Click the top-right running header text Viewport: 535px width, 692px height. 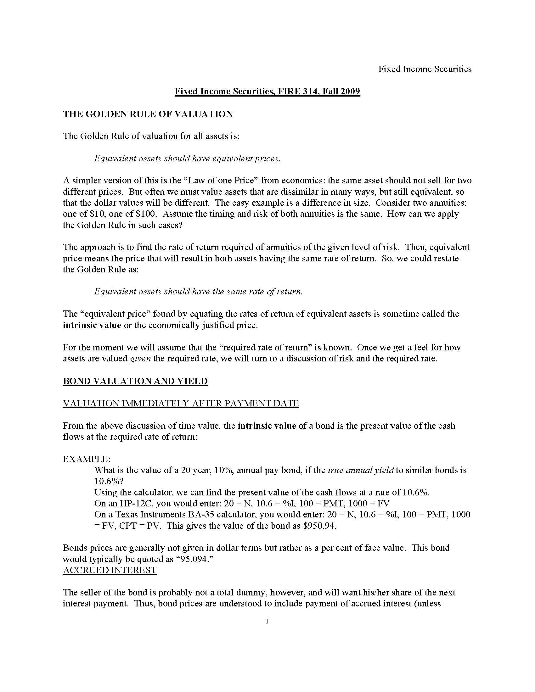tap(425, 69)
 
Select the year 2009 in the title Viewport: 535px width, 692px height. tap(351, 92)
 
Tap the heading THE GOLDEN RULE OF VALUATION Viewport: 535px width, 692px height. tap(148, 114)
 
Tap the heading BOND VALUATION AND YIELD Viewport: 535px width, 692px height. tap(135, 381)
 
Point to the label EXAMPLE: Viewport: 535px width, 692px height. tap(87, 459)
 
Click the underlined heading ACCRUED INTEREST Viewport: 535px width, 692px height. tap(110, 570)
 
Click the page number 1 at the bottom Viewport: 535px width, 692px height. tap(267, 621)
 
